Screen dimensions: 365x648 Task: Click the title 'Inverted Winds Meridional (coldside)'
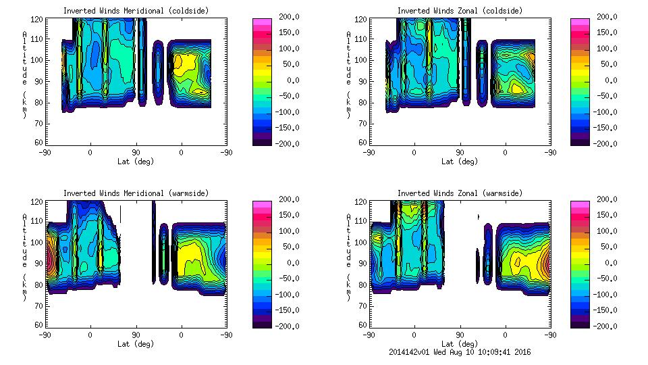click(x=136, y=11)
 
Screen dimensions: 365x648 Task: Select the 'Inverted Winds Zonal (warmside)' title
click(x=460, y=193)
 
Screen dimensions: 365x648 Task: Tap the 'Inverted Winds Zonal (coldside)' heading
click(x=460, y=11)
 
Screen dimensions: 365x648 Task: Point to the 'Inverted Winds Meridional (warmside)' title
click(x=136, y=193)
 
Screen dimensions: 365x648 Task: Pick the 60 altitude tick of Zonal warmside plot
click(x=362, y=325)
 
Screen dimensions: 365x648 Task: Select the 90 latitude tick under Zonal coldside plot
click(x=461, y=152)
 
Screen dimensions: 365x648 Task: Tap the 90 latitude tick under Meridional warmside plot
click(x=136, y=335)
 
